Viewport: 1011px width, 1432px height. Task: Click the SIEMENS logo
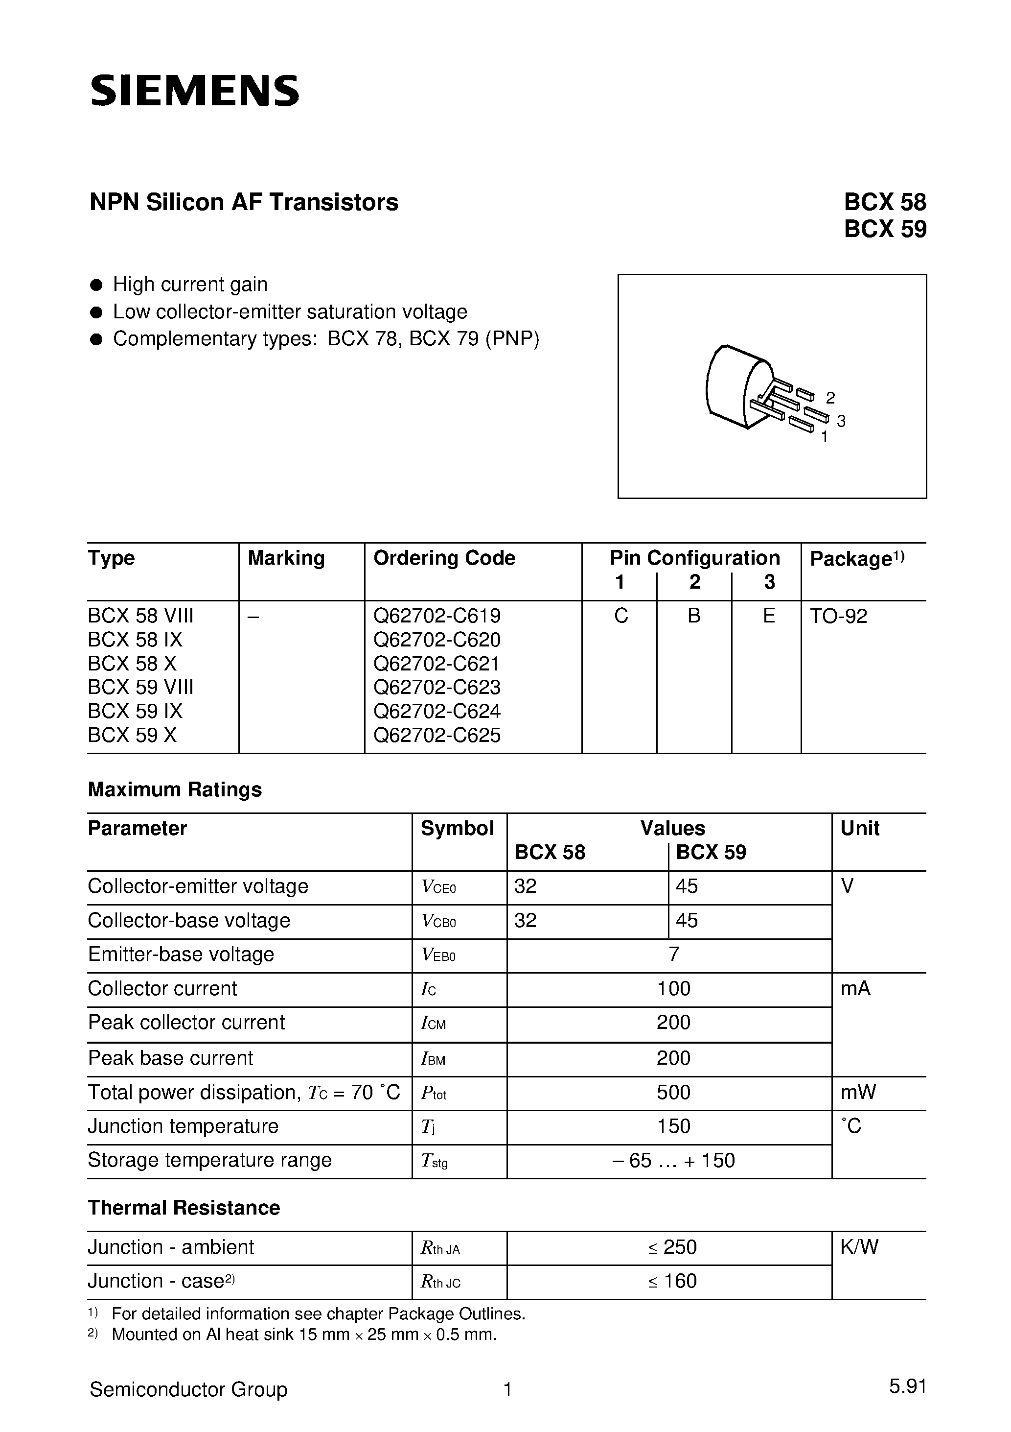(x=194, y=91)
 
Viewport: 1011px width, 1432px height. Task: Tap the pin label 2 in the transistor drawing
(x=829, y=397)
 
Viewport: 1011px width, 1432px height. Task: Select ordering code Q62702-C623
(x=437, y=687)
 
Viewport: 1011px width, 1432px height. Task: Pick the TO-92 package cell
(x=838, y=616)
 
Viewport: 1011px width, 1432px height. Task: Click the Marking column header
(x=286, y=558)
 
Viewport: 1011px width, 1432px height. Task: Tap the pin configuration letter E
(x=769, y=616)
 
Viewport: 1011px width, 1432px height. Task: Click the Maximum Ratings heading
(x=175, y=789)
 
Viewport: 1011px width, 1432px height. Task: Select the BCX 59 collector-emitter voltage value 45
(x=687, y=886)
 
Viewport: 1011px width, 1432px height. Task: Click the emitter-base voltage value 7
(x=673, y=954)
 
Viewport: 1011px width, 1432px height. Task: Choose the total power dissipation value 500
(x=673, y=1092)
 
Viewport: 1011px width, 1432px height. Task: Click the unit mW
(x=858, y=1092)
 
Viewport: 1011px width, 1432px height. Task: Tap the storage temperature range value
(x=673, y=1160)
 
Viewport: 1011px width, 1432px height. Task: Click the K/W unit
(x=859, y=1247)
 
